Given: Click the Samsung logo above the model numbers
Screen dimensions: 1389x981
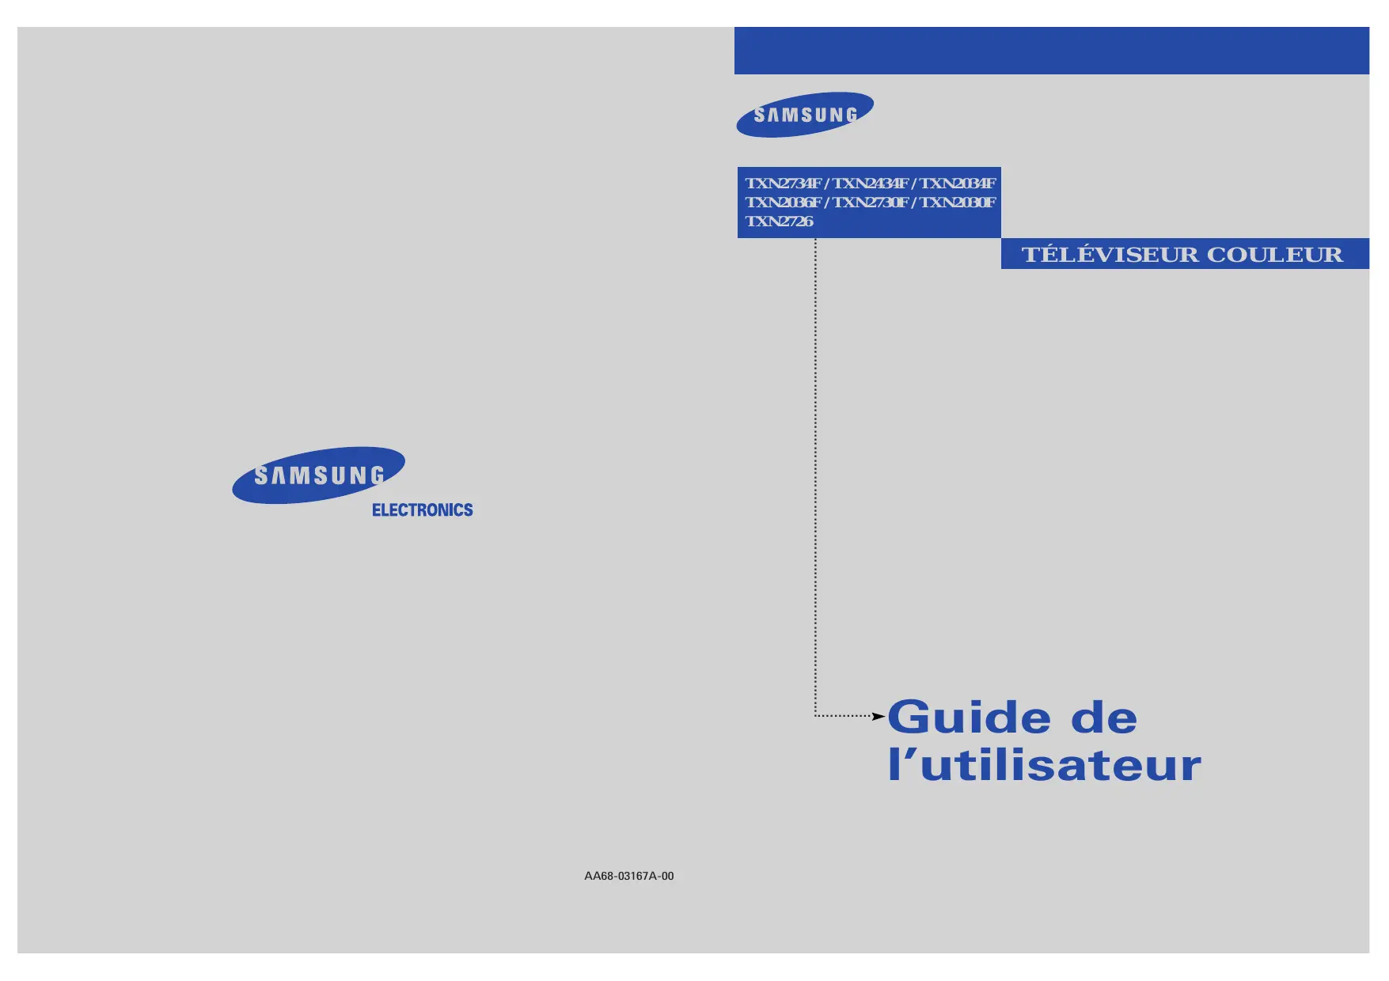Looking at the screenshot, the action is point(805,115).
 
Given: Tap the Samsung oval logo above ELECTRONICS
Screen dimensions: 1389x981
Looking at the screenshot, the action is point(318,475).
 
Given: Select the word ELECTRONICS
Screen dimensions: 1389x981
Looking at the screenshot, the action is point(422,510).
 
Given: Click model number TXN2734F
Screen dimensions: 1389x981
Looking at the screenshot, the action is point(783,184).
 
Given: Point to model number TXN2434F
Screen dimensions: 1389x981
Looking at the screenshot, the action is point(870,184).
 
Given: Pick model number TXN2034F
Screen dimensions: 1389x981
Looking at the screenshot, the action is point(957,184).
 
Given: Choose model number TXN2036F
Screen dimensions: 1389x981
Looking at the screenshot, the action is point(783,203).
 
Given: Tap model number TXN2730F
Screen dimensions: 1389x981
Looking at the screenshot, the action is point(870,203).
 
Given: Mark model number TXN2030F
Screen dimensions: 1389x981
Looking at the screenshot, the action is point(957,203).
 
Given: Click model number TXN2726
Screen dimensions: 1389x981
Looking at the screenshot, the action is point(779,222).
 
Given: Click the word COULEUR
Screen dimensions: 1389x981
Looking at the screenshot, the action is point(1274,255).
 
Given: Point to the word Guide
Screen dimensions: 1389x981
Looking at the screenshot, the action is point(970,718).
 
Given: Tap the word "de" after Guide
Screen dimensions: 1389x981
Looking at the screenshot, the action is point(1104,718).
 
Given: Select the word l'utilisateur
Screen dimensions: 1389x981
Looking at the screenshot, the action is point(1044,765).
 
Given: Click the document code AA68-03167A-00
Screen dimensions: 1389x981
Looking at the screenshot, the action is point(629,876).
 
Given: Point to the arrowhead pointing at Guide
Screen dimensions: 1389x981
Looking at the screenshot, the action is point(879,716).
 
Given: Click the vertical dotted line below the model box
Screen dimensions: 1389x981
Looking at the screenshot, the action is point(815,475).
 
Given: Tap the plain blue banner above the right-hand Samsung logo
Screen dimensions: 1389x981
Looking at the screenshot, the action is point(1051,51).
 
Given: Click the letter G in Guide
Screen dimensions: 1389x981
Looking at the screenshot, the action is point(909,718).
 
